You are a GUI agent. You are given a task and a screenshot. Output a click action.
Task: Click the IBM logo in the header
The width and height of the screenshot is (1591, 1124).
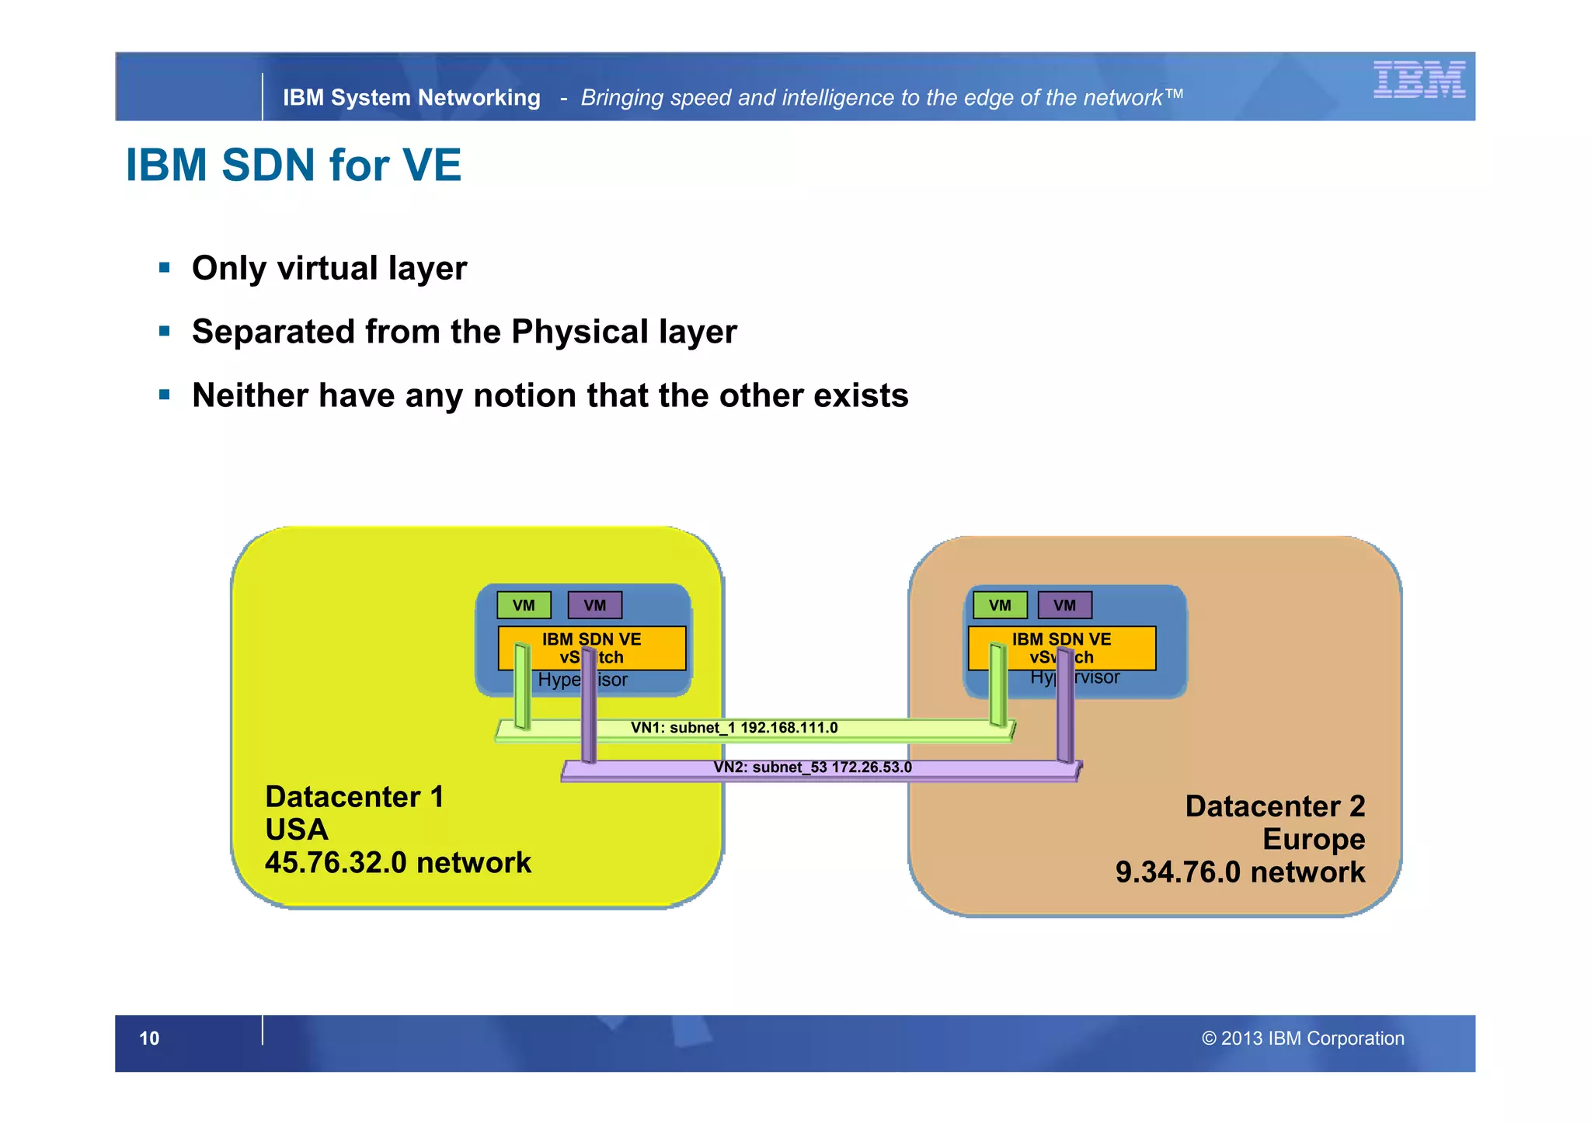pos(1419,80)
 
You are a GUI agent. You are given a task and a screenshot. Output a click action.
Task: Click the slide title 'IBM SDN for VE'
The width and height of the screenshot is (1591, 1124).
pos(294,165)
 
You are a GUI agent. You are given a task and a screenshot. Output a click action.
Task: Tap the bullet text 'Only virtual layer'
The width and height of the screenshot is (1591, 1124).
pos(329,269)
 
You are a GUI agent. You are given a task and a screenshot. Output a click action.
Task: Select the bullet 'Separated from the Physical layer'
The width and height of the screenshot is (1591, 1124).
pos(464,332)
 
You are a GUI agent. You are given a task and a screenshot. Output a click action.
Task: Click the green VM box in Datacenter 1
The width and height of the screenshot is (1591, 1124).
pos(524,605)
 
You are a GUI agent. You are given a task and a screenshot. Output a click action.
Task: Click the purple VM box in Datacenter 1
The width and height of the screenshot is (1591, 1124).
pos(594,605)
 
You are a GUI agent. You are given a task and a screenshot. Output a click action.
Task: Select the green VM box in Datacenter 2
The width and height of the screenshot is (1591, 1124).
pos(1000,605)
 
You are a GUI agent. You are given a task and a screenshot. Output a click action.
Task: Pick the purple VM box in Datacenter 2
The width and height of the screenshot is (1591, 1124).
pos(1064,605)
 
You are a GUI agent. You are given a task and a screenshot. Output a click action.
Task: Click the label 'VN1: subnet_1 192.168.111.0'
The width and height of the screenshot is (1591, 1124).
pos(734,728)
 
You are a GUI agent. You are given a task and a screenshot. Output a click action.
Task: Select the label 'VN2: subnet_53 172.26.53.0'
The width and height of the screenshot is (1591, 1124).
pos(813,767)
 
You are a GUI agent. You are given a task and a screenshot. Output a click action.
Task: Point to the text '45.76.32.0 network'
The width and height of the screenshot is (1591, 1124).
pos(398,863)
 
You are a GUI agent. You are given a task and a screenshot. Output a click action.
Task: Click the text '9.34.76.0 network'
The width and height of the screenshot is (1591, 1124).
pos(1240,872)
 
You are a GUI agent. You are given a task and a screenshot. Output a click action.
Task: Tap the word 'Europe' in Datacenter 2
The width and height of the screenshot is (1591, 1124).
pos(1313,840)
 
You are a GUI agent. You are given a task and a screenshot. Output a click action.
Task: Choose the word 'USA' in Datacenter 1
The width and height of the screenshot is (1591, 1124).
pos(297,830)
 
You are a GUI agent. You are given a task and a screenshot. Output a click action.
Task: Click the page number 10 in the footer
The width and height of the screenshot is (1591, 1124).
pos(149,1039)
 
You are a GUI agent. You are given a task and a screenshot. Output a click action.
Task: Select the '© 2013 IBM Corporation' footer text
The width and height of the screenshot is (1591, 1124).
pos(1303,1039)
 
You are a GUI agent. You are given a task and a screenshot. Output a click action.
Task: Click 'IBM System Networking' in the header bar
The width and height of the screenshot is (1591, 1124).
pos(411,98)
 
